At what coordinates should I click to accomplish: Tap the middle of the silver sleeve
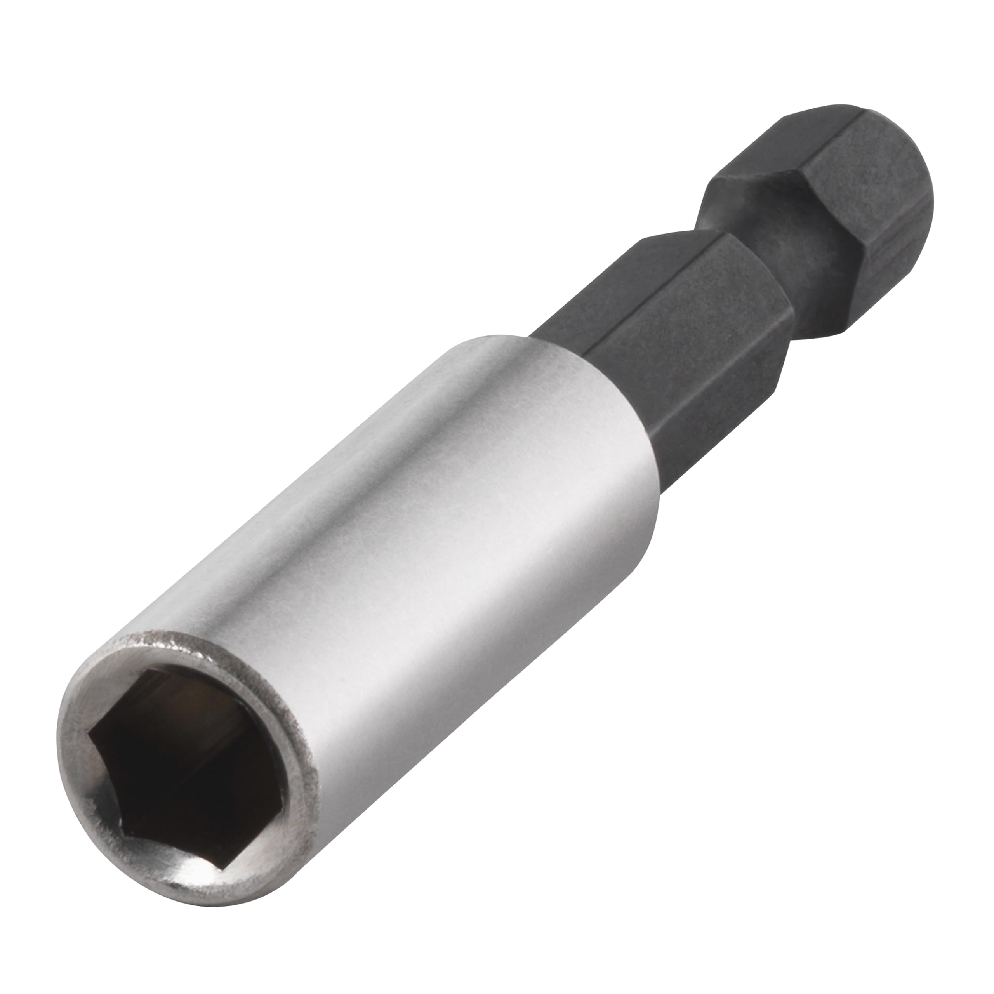[x=412, y=540]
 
